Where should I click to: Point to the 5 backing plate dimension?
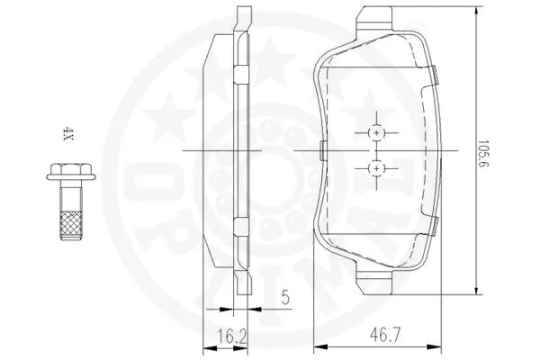tap(285, 298)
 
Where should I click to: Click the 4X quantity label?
tap(68, 134)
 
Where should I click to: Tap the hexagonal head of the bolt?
tap(71, 169)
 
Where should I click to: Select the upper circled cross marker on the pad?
tap(377, 132)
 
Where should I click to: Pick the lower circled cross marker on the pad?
tap(377, 168)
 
